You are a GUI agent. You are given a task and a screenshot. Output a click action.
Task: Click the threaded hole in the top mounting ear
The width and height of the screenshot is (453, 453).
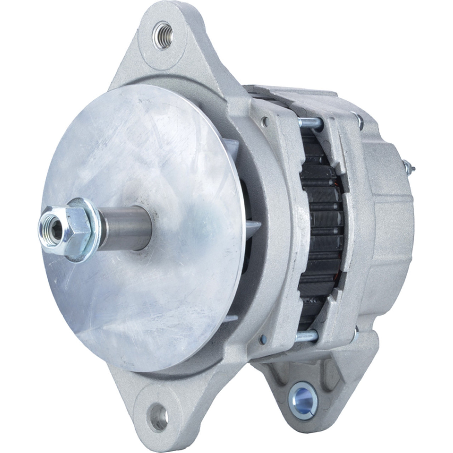[x=162, y=33]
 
